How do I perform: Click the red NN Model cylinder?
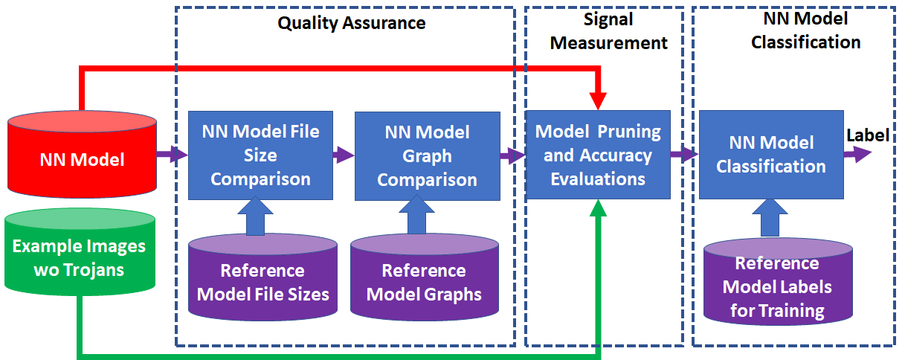pos(81,158)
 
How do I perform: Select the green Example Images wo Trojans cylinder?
pos(80,257)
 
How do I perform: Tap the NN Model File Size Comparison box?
pos(260,155)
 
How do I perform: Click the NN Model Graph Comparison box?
pos(427,155)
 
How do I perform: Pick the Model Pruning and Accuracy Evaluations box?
pos(598,155)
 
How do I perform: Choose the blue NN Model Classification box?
pos(770,154)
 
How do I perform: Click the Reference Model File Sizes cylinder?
pos(263,281)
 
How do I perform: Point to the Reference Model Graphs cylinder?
pos(424,281)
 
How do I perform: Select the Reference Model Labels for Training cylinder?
pos(776,286)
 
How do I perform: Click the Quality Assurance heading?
pos(352,23)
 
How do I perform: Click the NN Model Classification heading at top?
pos(805,30)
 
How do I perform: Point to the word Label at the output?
pos(868,135)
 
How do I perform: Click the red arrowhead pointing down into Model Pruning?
pos(598,100)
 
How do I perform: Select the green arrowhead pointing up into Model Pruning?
pos(598,210)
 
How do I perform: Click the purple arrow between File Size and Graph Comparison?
pos(344,155)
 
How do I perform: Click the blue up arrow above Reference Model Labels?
pos(770,216)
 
